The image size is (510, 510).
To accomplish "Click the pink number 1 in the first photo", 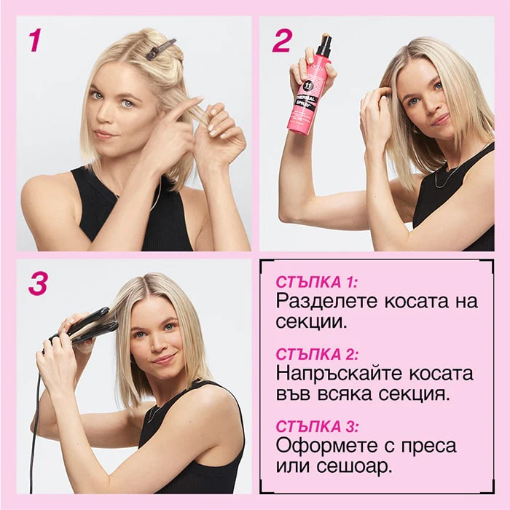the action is (x=35, y=40).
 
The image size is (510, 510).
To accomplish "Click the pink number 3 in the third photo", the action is (x=39, y=283).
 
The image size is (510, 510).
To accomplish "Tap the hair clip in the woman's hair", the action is (x=161, y=49).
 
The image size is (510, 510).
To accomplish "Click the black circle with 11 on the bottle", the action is (x=307, y=86).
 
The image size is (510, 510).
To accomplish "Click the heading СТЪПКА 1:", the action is (x=316, y=282).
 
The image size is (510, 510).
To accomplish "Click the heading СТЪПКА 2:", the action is (x=317, y=354).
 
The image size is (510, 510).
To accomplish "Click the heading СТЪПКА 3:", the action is (x=317, y=426).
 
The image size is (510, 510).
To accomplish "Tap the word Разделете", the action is (x=327, y=302).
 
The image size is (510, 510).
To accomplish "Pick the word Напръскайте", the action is (x=339, y=374).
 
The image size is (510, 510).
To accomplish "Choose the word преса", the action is (x=428, y=446).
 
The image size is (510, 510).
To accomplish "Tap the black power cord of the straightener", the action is (x=35, y=433).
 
